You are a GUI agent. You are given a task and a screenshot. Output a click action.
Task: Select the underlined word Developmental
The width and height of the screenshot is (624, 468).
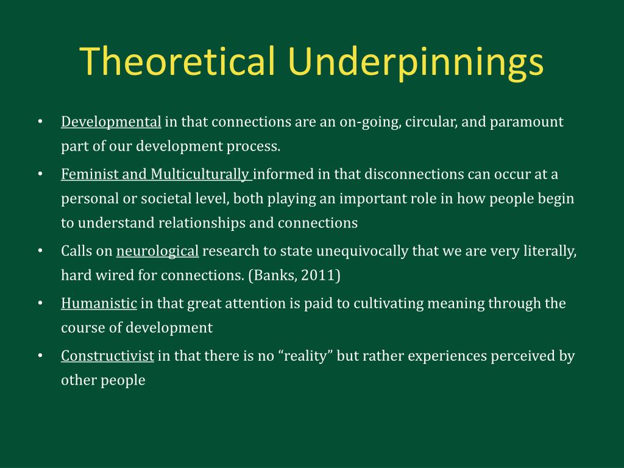111,122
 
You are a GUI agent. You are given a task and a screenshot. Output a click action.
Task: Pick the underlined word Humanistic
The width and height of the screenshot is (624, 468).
99,303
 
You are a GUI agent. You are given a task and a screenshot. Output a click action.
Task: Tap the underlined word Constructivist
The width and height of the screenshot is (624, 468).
107,355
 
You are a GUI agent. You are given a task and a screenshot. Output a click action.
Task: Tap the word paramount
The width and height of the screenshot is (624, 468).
526,122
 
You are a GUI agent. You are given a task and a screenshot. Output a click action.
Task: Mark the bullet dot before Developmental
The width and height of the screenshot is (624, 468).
40,122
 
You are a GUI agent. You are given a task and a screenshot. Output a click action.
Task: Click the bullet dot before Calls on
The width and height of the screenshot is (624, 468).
40,251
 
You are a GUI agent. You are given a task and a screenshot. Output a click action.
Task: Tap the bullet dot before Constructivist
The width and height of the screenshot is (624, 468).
40,355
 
